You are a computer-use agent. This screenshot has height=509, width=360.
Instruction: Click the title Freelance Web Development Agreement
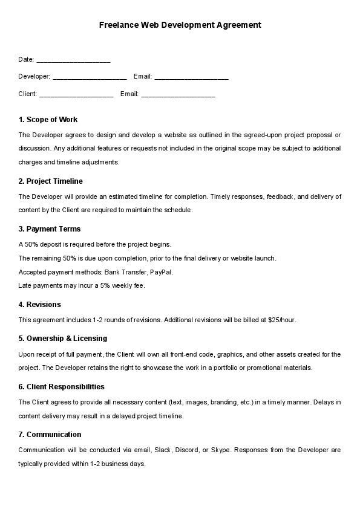click(x=180, y=25)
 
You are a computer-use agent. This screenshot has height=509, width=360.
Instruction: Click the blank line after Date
click(x=73, y=60)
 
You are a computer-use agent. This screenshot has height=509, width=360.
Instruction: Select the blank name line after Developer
click(x=90, y=77)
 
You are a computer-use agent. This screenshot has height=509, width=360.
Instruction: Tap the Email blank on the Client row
click(x=178, y=94)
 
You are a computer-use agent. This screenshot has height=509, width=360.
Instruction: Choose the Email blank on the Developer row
click(x=191, y=77)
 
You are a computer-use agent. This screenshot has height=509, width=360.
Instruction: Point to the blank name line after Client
click(x=76, y=94)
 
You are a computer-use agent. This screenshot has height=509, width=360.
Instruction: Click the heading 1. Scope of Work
click(x=48, y=120)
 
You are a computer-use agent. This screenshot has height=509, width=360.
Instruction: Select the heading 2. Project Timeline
click(x=50, y=181)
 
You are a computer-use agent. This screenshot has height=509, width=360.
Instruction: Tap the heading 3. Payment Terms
click(x=49, y=229)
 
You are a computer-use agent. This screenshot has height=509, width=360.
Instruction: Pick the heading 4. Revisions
click(x=39, y=305)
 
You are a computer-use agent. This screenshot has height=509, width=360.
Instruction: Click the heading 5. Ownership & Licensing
click(x=62, y=339)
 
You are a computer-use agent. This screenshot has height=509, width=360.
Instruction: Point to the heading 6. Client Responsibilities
click(x=61, y=387)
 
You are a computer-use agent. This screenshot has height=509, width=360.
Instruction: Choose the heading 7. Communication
click(x=50, y=435)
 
